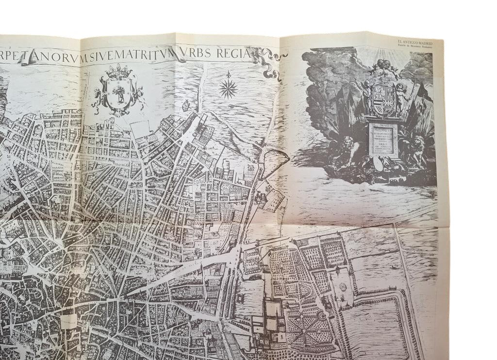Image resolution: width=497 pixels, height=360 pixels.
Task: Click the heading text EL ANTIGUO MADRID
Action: (x=414, y=43)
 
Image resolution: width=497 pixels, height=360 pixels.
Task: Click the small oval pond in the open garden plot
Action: (x=343, y=287)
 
